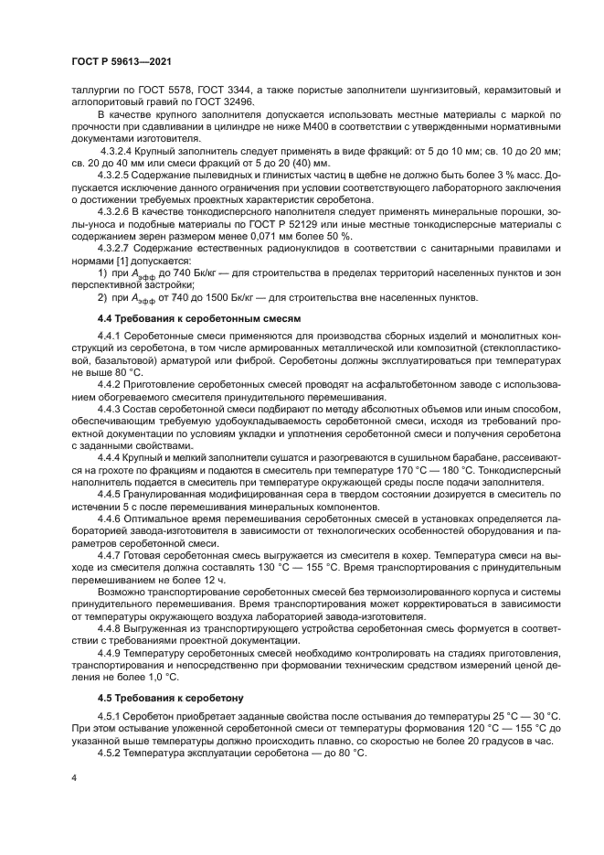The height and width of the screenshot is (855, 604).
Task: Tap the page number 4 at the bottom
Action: click(x=73, y=778)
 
